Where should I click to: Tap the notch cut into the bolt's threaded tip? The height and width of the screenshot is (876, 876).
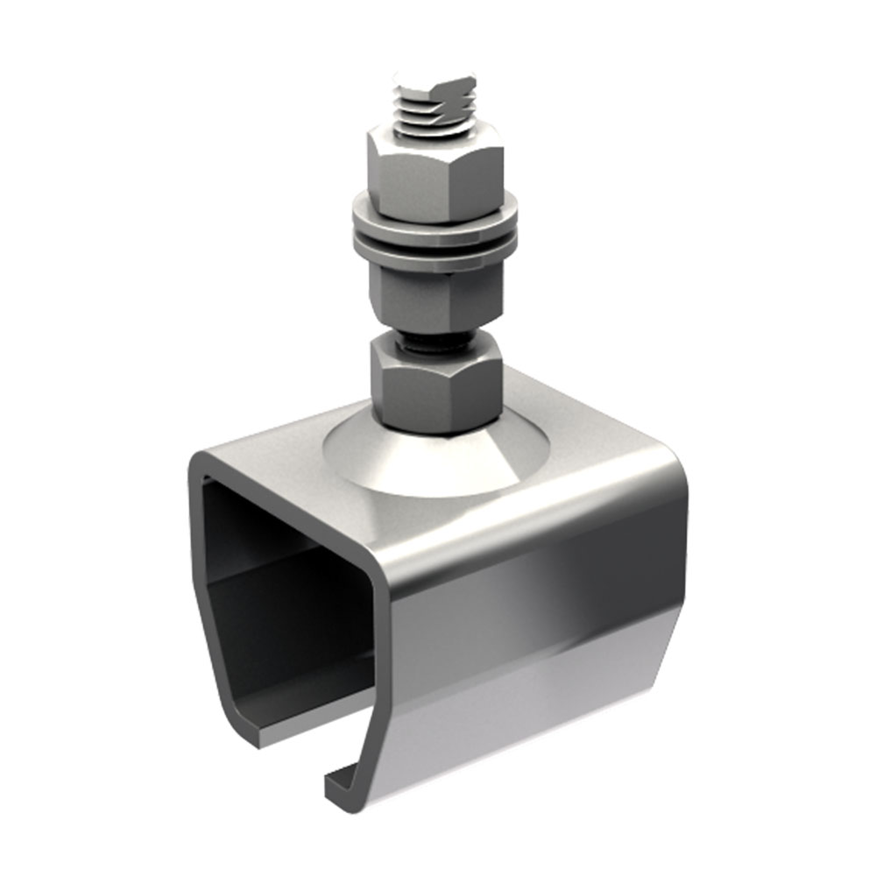pyautogui.click(x=456, y=87)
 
